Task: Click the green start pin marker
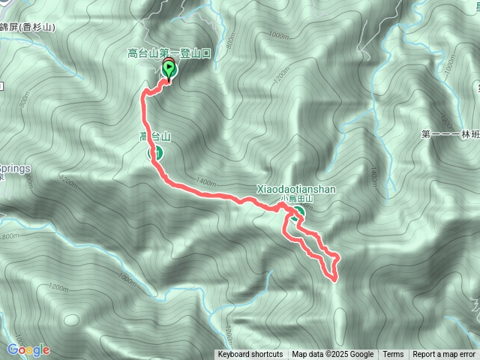point(169,70)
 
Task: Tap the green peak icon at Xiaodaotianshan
point(299,211)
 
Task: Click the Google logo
point(28,349)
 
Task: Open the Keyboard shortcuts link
point(250,355)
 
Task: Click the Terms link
point(393,355)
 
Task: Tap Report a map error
point(445,355)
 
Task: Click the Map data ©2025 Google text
point(332,355)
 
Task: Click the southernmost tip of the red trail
point(333,279)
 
